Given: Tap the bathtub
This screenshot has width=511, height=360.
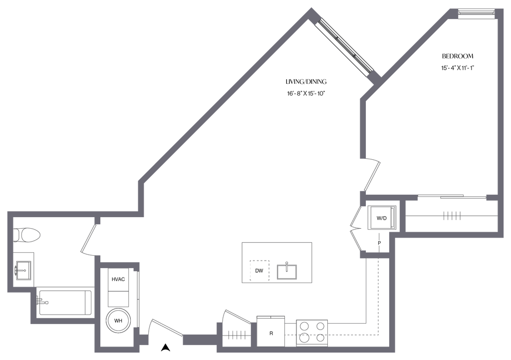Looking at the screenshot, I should (x=65, y=302).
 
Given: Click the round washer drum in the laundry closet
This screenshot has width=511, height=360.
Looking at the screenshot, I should (x=119, y=320).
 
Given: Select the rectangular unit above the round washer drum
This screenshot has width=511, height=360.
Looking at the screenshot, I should (x=119, y=287).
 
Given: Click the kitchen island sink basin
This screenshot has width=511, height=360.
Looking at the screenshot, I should (x=286, y=272).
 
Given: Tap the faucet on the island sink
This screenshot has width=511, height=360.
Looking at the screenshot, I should (x=286, y=263).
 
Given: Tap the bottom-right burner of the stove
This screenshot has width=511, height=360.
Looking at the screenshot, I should (x=320, y=338).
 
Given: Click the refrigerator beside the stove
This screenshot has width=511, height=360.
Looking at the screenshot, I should (x=270, y=331).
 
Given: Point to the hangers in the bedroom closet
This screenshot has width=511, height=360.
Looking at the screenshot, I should (x=452, y=216).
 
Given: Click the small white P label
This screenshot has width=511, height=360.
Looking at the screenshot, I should (x=379, y=242).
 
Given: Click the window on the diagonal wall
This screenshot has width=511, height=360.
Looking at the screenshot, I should (x=344, y=45).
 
